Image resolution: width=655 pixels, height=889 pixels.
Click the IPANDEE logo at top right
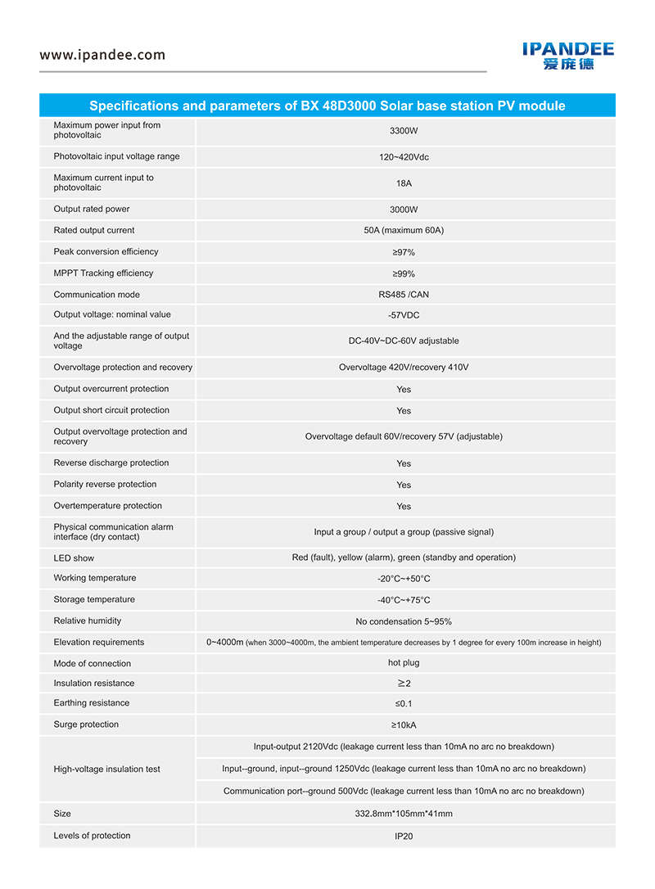pos(568,56)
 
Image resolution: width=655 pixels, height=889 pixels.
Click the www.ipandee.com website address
pos(102,56)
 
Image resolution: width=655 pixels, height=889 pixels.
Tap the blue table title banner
pos(327,106)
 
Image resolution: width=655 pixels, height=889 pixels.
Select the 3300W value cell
pos(404,131)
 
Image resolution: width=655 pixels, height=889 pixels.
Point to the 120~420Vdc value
pos(404,157)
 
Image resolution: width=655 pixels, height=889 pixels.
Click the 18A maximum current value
pos(404,183)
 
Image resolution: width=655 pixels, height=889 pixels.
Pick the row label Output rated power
pos(92,210)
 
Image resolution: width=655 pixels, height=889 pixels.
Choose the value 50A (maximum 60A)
pos(404,231)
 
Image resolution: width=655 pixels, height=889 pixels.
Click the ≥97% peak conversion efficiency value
pos(404,253)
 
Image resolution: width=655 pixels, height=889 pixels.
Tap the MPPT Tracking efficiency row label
pos(103,273)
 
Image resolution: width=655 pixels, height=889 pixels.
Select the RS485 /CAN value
pos(404,295)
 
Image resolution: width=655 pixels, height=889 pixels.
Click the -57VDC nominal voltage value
pos(404,315)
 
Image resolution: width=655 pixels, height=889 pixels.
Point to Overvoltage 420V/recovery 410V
pos(404,368)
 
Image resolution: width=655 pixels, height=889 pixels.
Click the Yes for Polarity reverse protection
pos(404,485)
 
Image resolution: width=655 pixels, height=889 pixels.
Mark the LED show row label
pos(74,558)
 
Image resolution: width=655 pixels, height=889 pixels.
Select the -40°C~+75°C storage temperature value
pos(404,600)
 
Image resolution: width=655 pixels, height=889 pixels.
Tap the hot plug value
pos(404,663)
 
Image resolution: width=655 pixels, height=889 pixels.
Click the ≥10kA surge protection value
pos(404,725)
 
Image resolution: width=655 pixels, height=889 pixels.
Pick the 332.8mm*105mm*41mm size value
pos(404,814)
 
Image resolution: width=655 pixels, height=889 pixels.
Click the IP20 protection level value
pos(404,837)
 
